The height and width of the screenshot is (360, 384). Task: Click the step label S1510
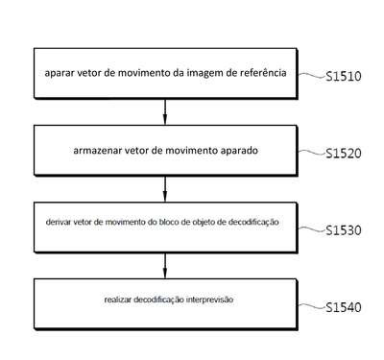tap(344, 77)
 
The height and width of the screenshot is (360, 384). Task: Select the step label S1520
tap(344, 154)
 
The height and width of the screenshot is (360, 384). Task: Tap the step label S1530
tap(344, 230)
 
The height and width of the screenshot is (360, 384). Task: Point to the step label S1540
tap(344, 307)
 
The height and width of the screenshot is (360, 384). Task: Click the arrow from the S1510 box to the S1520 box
tap(165, 111)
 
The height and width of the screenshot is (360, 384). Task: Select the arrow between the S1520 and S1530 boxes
tap(165, 189)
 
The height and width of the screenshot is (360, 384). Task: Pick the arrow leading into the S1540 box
tap(165, 266)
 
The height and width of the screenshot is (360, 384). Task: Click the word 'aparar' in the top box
tap(56, 74)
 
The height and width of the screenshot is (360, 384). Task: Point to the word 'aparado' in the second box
tap(239, 151)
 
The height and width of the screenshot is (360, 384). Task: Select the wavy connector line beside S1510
tap(312, 75)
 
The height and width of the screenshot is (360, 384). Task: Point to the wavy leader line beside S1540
tap(312, 306)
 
